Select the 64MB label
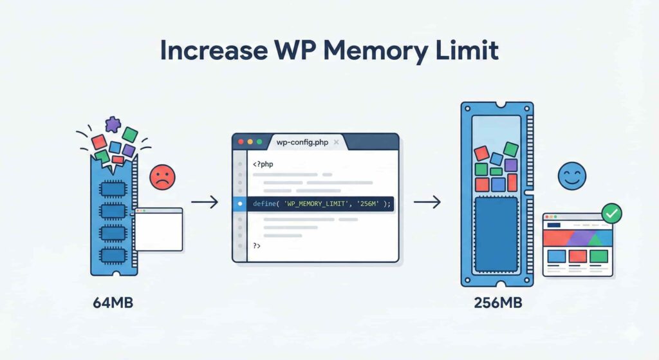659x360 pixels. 113,303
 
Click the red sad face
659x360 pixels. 162,176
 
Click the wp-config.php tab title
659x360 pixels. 301,142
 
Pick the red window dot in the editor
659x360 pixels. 241,142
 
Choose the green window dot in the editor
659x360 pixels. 259,142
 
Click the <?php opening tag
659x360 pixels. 263,164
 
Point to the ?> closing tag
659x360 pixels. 257,245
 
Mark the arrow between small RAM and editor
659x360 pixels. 205,203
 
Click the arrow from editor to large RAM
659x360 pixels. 427,203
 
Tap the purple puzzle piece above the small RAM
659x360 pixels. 114,124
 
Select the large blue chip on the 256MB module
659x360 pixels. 496,233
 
